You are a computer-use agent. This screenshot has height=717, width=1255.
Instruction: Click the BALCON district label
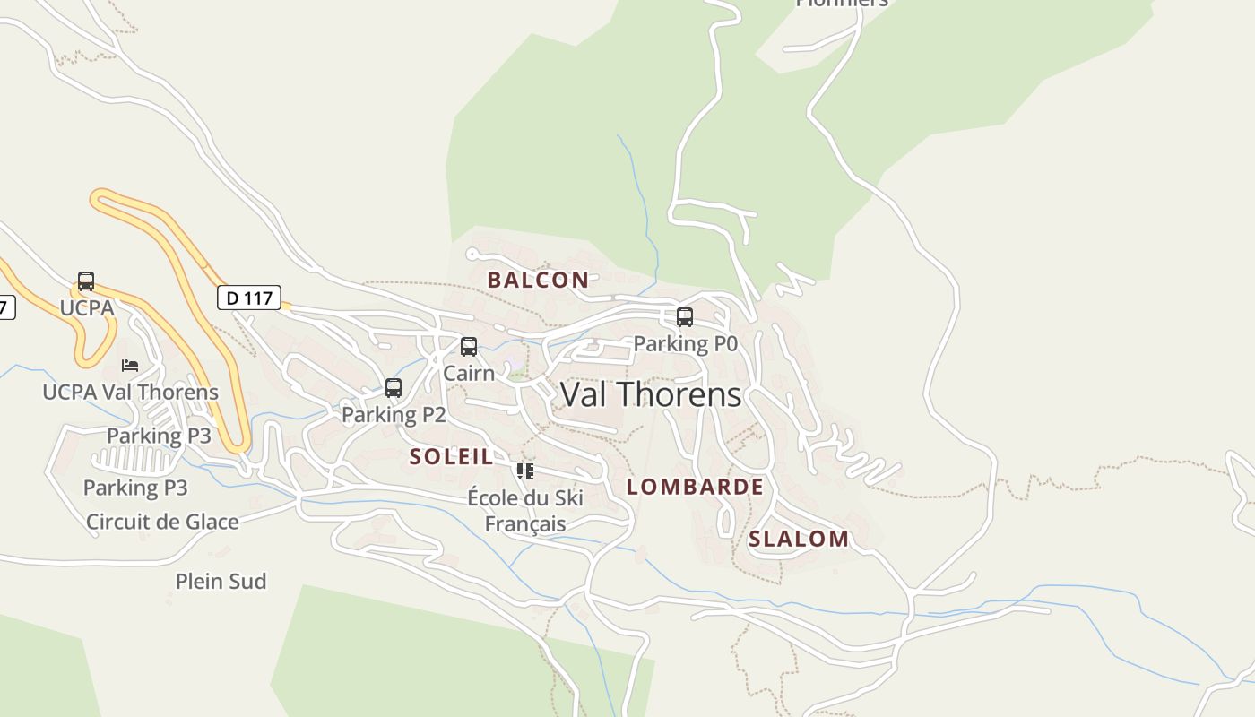coord(538,280)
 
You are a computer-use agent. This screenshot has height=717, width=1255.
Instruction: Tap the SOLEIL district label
coord(451,456)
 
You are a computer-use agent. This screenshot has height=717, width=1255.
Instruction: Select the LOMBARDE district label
coord(695,487)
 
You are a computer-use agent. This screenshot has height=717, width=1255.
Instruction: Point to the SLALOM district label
coord(798,539)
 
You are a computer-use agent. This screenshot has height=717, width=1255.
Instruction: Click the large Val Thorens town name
coord(651,394)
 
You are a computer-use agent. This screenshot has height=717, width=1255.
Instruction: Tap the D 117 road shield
coord(249,298)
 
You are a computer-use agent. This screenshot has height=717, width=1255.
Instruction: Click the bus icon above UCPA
coord(86,281)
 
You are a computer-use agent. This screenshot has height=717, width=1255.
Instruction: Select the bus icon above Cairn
coord(468,347)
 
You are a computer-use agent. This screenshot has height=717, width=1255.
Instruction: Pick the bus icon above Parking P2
coord(393,388)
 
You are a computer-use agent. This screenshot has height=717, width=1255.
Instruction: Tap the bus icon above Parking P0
coord(685,317)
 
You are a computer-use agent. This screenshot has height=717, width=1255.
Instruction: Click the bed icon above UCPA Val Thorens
coord(130,366)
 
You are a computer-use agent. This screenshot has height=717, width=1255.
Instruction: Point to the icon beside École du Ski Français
coord(525,471)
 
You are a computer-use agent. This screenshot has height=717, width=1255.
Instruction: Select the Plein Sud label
coord(221,582)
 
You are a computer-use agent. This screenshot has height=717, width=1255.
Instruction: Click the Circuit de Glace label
coord(162,522)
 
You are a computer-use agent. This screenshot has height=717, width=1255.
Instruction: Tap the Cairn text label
coord(469,372)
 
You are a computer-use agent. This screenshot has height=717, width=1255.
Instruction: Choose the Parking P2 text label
coord(394,415)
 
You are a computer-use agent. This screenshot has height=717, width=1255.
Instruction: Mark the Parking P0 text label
coord(685,343)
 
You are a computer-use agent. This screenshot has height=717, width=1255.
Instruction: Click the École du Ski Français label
coord(525,511)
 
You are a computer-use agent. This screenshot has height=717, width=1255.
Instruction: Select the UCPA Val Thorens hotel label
coord(130,392)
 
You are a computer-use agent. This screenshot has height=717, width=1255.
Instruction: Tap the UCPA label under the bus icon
coord(87,307)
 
